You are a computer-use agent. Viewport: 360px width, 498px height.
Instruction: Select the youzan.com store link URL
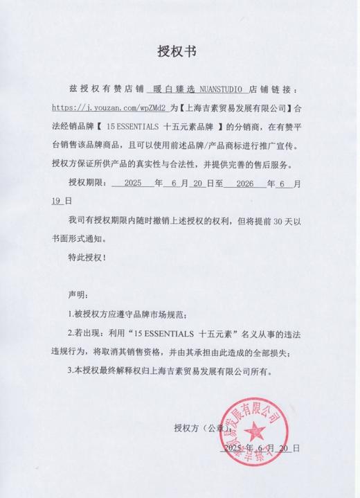tap(108, 109)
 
